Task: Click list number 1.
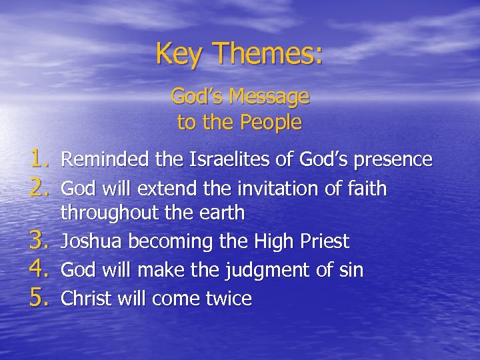click(40, 160)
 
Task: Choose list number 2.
click(40, 189)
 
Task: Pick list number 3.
click(40, 241)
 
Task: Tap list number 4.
click(40, 270)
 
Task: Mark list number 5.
click(40, 299)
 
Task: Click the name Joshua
click(88, 242)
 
